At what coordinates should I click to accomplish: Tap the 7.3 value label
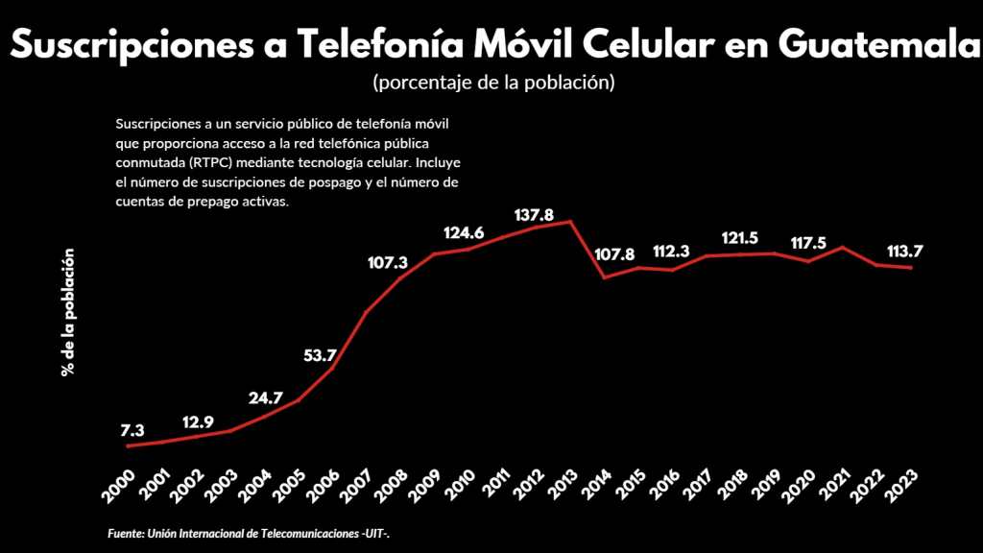click(132, 430)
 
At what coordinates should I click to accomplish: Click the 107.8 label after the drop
click(615, 254)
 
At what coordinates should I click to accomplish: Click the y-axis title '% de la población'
click(68, 313)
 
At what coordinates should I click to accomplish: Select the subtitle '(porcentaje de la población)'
click(492, 83)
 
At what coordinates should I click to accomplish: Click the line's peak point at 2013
click(571, 222)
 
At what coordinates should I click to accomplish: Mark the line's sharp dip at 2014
click(605, 277)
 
